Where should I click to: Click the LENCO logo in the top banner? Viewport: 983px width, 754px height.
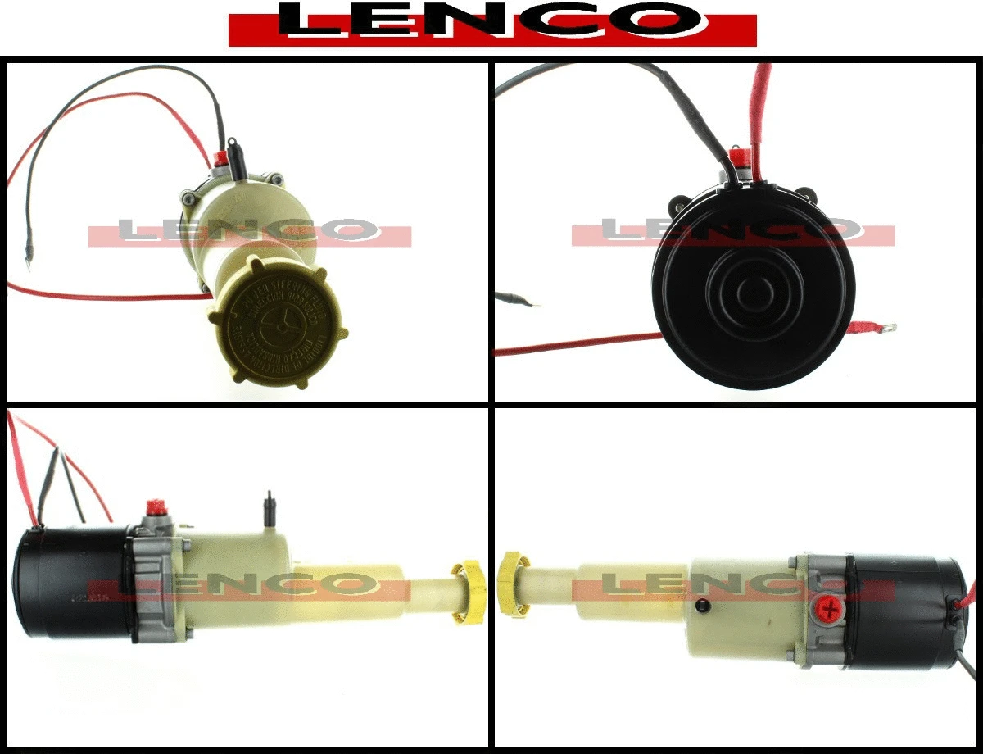coord(491,23)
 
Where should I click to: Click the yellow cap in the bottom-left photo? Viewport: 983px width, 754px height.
coord(469,591)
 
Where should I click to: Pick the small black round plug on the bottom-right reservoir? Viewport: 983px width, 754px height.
coord(700,606)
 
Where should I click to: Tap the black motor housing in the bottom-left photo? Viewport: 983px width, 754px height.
coord(72,582)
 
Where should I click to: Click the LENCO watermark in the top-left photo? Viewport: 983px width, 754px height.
coord(250,232)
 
